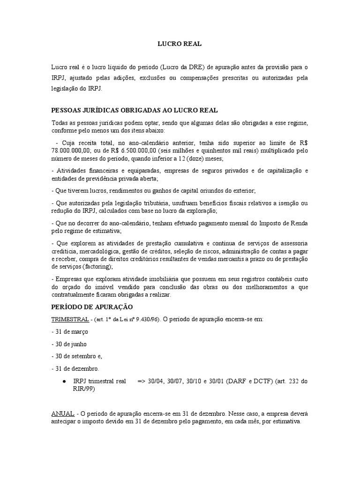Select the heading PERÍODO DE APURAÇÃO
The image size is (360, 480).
click(92, 307)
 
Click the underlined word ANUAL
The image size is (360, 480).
click(62, 414)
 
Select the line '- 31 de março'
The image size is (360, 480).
click(70, 331)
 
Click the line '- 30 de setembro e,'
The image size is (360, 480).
click(76, 356)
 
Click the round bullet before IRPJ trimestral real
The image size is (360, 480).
click(63, 382)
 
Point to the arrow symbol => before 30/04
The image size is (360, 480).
click(142, 382)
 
